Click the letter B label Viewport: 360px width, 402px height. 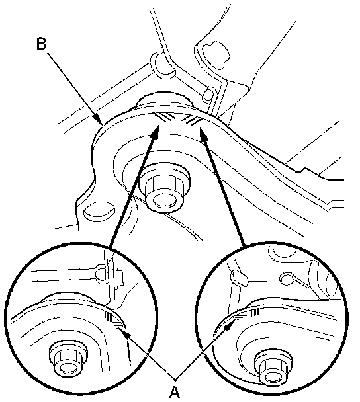[41, 44]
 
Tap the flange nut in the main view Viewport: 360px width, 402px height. [164, 188]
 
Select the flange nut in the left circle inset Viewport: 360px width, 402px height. [68, 361]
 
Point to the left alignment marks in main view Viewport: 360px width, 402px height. [165, 118]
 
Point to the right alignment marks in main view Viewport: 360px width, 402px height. [191, 120]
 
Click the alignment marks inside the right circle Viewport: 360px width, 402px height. [247, 314]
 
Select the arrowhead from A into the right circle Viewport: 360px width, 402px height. [230, 325]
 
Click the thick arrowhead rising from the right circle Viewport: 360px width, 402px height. [203, 134]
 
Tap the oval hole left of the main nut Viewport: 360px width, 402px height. [99, 211]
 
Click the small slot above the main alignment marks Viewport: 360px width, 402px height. [208, 95]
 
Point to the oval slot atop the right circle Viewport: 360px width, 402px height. [240, 278]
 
